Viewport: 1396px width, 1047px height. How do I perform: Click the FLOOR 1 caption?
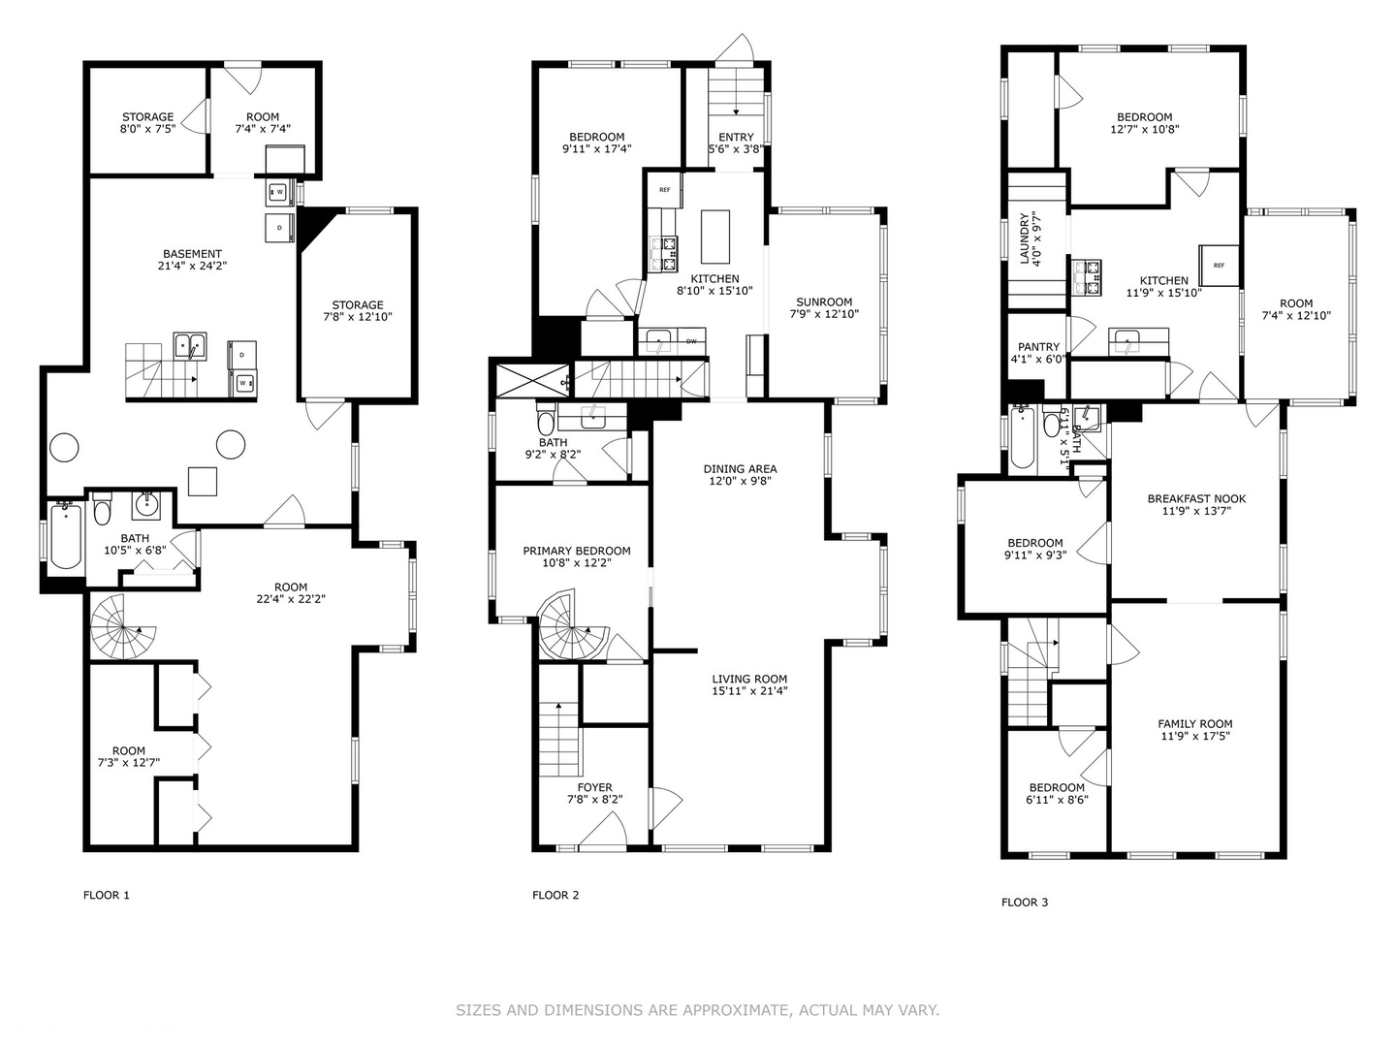106,895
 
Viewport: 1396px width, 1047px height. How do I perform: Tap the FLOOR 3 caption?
1024,902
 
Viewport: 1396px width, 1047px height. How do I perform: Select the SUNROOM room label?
824,301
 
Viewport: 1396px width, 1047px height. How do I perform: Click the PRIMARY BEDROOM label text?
576,551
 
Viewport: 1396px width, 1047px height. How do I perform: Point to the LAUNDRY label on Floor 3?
1024,238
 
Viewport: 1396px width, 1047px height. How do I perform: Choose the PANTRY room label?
1038,347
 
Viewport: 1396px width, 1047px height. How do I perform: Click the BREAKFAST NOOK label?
1196,498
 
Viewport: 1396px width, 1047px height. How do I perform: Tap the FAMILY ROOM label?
1194,723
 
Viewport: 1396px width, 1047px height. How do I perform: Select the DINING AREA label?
740,468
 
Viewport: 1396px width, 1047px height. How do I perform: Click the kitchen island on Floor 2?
715,237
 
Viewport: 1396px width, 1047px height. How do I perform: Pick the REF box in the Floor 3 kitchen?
1220,265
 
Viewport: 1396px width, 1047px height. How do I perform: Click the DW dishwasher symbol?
691,341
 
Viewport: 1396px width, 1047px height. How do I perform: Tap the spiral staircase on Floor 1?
123,627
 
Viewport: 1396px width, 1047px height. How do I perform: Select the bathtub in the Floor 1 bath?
65,534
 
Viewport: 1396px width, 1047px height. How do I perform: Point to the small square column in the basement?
202,481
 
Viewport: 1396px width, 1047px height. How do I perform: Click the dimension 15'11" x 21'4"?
749,691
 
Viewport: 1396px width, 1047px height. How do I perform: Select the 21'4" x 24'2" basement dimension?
192,266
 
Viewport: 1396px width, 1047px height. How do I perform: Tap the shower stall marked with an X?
531,379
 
